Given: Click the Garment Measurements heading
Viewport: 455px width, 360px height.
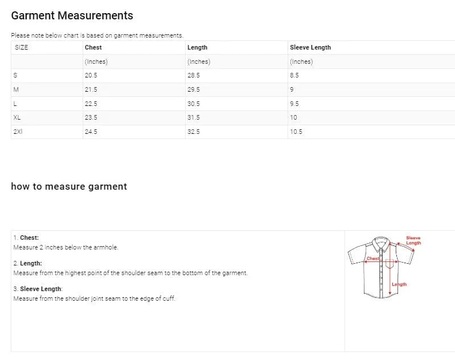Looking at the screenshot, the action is (x=72, y=16).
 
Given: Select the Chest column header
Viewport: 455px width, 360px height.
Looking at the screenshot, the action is (x=93, y=47).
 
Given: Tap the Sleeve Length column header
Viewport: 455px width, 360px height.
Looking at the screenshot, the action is (x=310, y=47).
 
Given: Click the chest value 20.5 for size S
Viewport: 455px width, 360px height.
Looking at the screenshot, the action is (x=91, y=76).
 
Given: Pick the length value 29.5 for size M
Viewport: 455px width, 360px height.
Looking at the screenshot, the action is (x=194, y=89).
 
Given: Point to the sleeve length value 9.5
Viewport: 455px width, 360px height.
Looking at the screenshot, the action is (x=294, y=104).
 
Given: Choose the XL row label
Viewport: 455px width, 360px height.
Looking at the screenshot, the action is (x=17, y=117).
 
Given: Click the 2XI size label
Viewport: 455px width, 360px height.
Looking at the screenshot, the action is (x=18, y=132).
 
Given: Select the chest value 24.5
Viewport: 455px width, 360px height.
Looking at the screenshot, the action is (x=91, y=132).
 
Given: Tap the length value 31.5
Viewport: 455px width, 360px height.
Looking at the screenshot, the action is (x=194, y=117).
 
